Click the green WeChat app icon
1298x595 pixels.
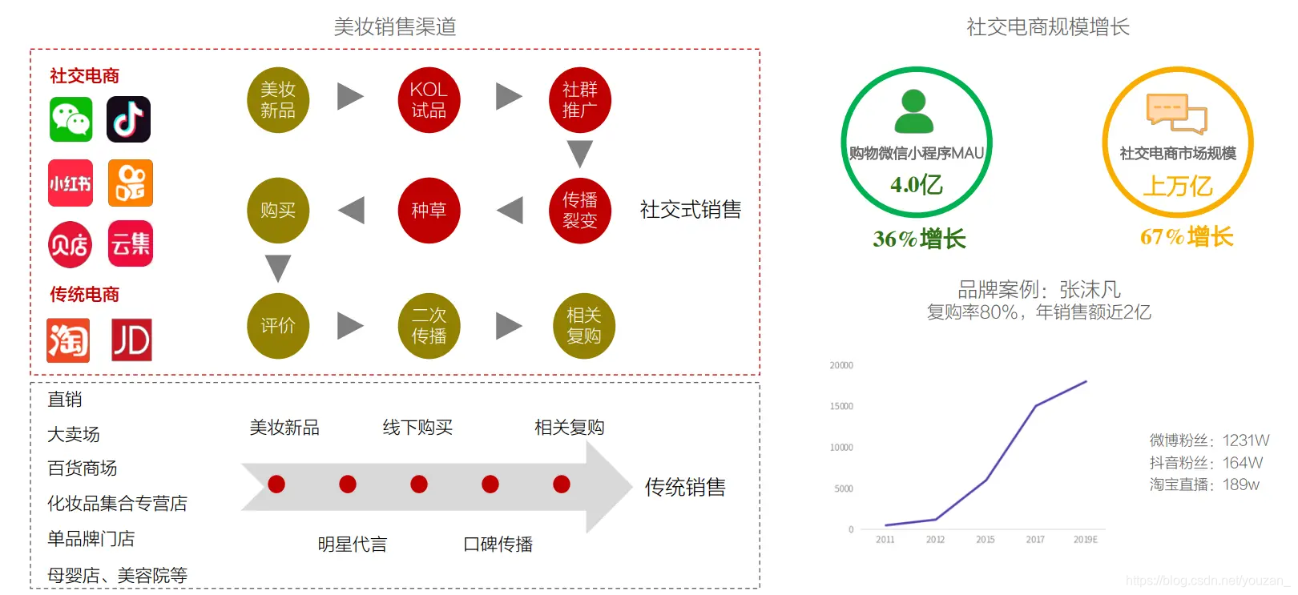pos(71,119)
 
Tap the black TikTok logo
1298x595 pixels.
pos(129,119)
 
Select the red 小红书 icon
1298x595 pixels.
pos(71,183)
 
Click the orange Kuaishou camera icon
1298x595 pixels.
pos(130,183)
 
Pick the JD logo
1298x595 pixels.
pos(131,340)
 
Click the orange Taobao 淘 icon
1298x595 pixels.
pos(68,340)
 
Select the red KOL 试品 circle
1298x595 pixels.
pos(429,100)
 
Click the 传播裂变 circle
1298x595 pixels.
pos(579,211)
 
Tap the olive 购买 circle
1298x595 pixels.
pos(278,211)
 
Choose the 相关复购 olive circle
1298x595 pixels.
pos(583,326)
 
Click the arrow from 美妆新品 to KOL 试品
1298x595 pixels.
pos(350,96)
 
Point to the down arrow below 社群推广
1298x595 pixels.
pos(579,153)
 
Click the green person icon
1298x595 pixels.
pos(913,111)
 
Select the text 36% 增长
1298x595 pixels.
pos(919,239)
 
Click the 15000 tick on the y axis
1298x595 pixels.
pos(841,406)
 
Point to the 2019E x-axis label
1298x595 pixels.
pos(1085,540)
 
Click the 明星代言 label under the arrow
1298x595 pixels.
pos(352,545)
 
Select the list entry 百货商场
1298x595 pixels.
pos(83,468)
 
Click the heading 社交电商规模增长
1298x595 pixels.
pos(1047,27)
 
